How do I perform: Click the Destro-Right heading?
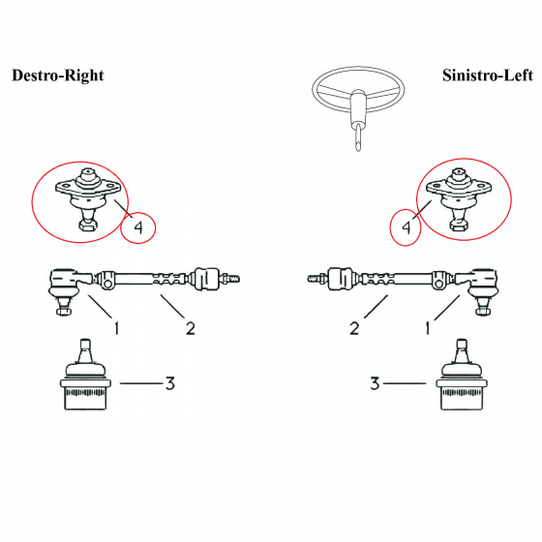pos(58,75)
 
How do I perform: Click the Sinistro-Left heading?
pos(488,75)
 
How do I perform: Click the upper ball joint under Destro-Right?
pos(88,199)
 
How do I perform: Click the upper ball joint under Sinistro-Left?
pos(459,199)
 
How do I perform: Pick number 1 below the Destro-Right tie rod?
pos(117,328)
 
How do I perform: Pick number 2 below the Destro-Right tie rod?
pos(191,328)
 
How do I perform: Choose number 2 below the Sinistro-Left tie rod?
pos(354,328)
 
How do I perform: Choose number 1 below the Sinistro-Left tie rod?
pos(428,328)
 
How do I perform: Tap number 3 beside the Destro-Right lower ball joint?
pos(170,383)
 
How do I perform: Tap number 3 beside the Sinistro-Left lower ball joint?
pos(375,383)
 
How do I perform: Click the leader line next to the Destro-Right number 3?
pos(141,383)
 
